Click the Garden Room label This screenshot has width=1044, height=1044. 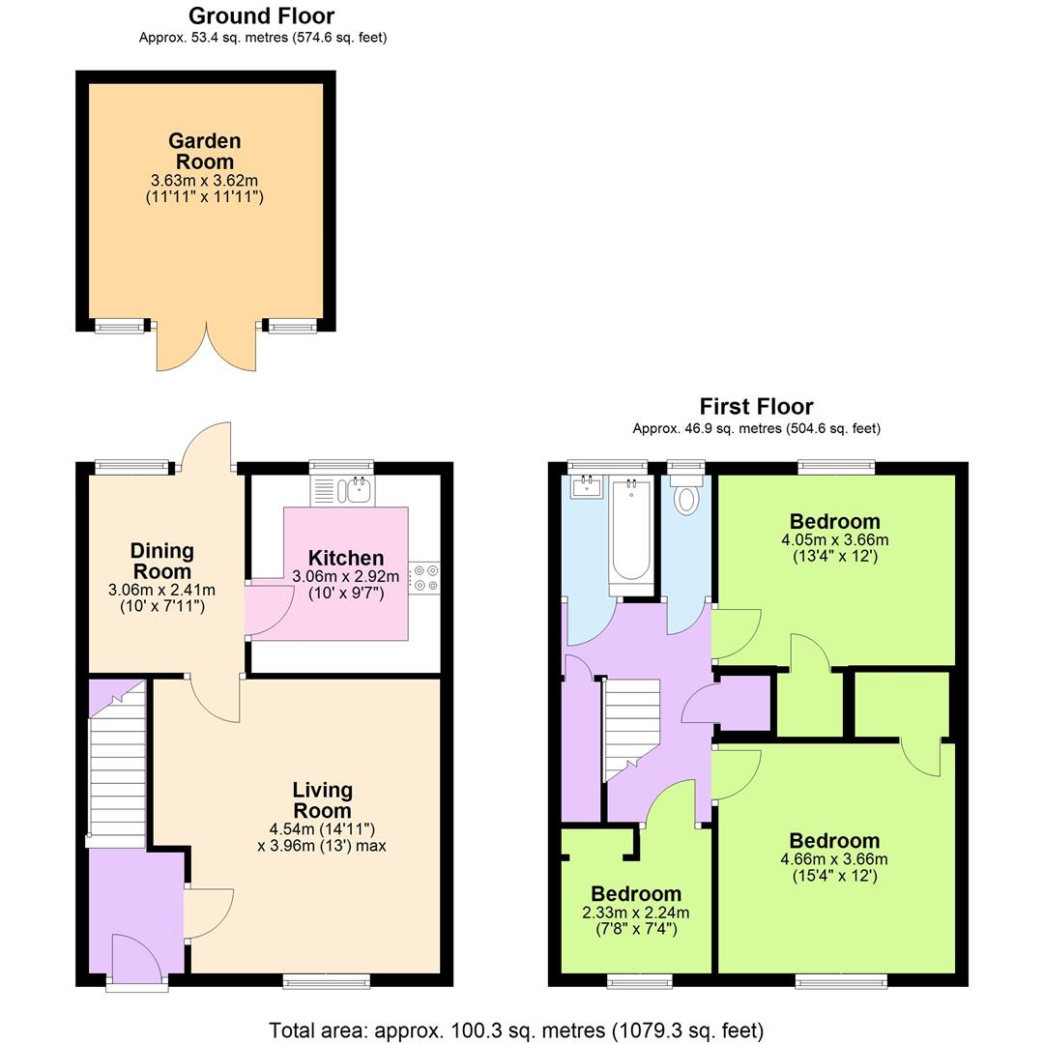click(204, 151)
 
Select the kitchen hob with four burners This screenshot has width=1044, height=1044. click(424, 578)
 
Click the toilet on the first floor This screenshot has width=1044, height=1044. click(687, 499)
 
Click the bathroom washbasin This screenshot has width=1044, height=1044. click(586, 487)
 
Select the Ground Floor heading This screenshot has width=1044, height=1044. click(261, 16)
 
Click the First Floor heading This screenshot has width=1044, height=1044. click(756, 407)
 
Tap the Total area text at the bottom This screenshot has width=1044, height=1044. click(516, 1029)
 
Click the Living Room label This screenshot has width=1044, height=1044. click(322, 800)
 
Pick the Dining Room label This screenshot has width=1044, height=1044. click(162, 561)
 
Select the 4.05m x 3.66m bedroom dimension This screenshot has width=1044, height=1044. click(834, 539)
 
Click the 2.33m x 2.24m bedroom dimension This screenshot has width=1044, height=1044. click(636, 913)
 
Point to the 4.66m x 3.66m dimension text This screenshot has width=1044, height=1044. click(834, 858)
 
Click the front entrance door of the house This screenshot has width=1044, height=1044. click(136, 961)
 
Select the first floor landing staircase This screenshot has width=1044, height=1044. click(630, 725)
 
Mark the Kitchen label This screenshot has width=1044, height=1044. click(346, 558)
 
